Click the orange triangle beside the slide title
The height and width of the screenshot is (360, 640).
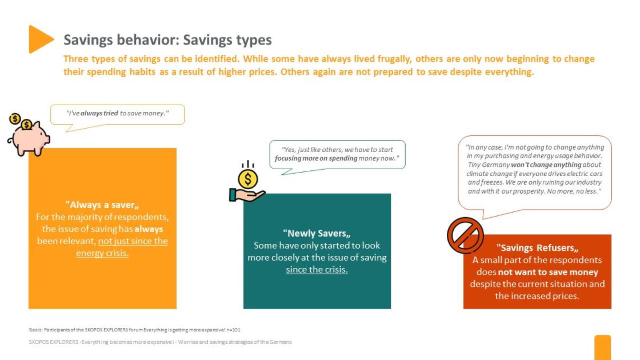click(x=40, y=39)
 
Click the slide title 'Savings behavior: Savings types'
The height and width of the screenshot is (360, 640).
click(x=167, y=40)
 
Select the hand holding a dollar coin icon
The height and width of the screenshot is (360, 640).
click(x=247, y=182)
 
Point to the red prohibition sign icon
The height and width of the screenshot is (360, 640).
click(x=465, y=235)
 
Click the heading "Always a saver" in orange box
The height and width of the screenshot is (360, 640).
click(x=102, y=205)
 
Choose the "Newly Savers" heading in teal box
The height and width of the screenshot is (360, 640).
click(x=317, y=234)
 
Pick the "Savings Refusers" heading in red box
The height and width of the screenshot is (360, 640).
click(x=537, y=248)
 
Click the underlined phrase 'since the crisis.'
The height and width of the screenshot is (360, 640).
click(x=317, y=269)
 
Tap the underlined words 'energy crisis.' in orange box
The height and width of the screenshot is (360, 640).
click(x=102, y=253)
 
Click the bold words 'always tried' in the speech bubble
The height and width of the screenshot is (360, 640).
click(x=99, y=114)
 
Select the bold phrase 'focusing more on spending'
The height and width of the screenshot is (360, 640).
click(x=316, y=158)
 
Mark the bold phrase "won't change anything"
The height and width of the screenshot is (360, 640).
click(x=546, y=165)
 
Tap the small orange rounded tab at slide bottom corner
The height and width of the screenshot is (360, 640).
click(x=602, y=347)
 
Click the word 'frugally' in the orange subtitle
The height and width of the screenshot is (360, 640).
click(x=394, y=59)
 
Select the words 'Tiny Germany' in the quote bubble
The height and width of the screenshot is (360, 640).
click(x=489, y=165)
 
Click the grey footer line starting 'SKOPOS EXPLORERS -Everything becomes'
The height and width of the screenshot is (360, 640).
click(x=160, y=342)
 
